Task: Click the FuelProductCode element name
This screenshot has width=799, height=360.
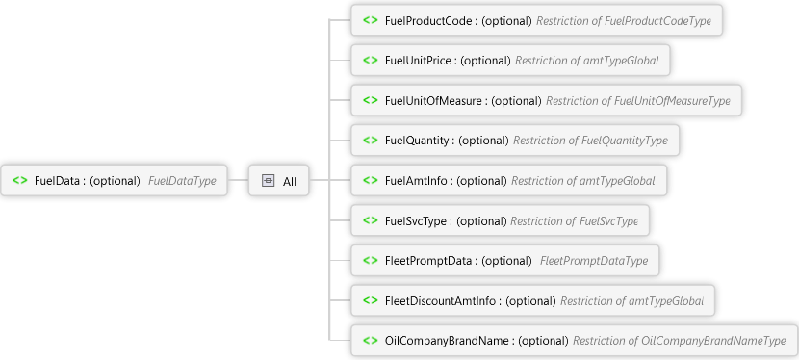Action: (428, 21)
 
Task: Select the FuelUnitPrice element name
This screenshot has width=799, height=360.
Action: (418, 61)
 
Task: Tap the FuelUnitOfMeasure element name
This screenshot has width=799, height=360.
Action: (433, 101)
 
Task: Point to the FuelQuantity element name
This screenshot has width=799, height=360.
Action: (417, 140)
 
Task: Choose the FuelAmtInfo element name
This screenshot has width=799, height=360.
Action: (416, 180)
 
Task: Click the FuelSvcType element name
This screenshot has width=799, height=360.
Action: (416, 221)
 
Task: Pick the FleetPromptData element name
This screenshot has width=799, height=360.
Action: (428, 261)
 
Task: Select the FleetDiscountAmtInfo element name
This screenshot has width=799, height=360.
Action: (440, 301)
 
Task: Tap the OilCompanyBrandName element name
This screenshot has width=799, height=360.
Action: (447, 341)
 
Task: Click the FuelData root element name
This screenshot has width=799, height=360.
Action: (57, 181)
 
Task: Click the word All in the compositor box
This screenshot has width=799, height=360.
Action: (290, 181)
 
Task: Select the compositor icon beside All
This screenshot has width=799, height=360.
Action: (268, 180)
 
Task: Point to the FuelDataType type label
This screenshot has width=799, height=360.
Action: (182, 181)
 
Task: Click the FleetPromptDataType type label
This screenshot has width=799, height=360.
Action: (594, 261)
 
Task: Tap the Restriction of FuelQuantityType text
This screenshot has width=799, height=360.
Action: (590, 140)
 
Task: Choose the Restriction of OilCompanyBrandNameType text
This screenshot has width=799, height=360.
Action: (680, 341)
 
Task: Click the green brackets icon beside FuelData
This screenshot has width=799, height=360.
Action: (20, 180)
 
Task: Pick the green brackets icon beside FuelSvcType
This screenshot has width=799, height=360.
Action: (371, 220)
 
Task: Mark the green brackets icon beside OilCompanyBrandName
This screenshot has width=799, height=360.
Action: (371, 340)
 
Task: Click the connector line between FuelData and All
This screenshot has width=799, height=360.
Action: (238, 180)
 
